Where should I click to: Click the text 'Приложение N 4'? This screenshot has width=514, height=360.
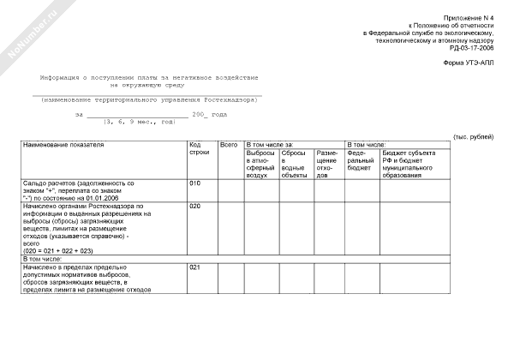pyautogui.click(x=469, y=18)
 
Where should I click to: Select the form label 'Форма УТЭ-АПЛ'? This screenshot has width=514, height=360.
pyautogui.click(x=469, y=63)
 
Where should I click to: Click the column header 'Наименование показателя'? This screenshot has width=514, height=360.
pyautogui.click(x=64, y=145)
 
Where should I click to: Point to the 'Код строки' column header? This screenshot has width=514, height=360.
pyautogui.click(x=199, y=148)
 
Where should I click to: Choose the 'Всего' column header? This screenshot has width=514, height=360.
pyautogui.click(x=229, y=145)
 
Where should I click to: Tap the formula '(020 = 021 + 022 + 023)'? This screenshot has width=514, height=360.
pyautogui.click(x=58, y=250)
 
